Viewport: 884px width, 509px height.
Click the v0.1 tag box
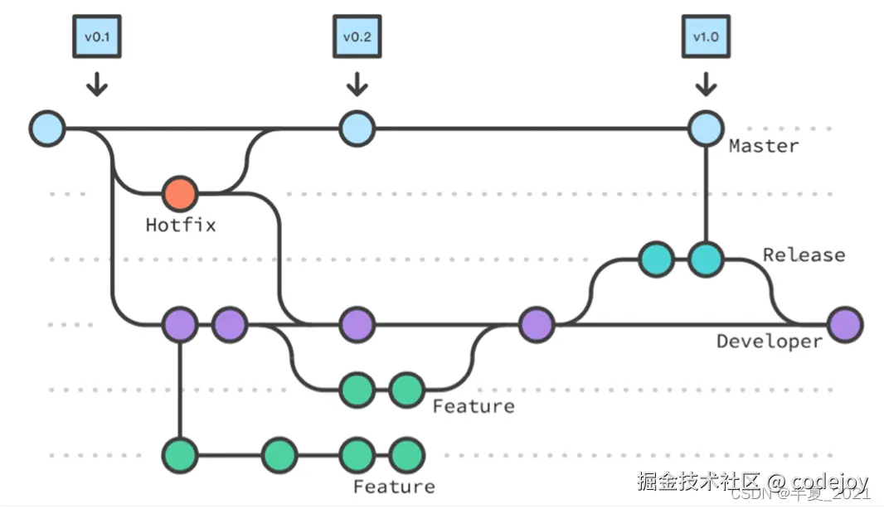(x=96, y=38)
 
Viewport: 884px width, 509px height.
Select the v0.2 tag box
(x=357, y=38)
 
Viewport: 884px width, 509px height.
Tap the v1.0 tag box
(x=706, y=38)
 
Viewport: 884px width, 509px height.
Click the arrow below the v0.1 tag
(x=97, y=85)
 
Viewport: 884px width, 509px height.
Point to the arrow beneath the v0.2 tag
(x=357, y=85)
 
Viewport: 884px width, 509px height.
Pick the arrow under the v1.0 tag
(x=706, y=85)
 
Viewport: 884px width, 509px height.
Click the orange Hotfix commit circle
(x=180, y=194)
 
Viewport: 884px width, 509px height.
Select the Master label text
(x=764, y=147)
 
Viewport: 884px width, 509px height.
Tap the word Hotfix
(x=180, y=225)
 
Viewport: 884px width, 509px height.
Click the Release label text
(x=804, y=254)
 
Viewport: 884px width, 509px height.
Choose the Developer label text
(x=769, y=342)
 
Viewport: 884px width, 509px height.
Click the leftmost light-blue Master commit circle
(x=47, y=128)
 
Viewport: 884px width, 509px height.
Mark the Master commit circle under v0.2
(x=357, y=128)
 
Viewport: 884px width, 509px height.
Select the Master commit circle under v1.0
(x=706, y=128)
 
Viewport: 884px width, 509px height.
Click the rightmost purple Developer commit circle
(x=845, y=324)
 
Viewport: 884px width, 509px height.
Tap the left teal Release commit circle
(x=656, y=259)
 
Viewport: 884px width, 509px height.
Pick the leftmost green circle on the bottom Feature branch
(x=180, y=454)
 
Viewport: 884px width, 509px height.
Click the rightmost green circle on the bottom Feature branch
(x=406, y=454)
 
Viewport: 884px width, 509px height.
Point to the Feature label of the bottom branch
(x=394, y=487)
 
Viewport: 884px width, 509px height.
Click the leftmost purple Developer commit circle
(x=180, y=324)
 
